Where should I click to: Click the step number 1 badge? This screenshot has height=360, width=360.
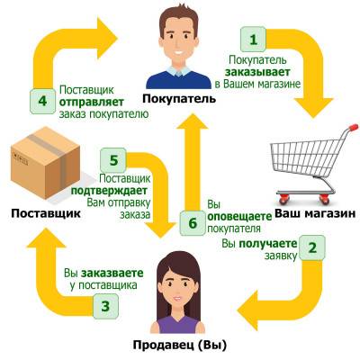click(x=254, y=40)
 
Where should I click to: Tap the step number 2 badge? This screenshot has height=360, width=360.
click(x=312, y=248)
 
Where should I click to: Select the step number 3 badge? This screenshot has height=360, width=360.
click(x=105, y=306)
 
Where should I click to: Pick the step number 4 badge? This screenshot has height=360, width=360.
click(x=42, y=101)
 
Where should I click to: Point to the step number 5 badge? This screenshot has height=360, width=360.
click(x=113, y=160)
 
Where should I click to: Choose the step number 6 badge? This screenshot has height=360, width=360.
click(x=193, y=223)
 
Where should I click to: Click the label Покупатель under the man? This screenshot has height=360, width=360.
click(x=179, y=99)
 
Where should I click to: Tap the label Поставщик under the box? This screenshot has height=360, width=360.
click(x=46, y=214)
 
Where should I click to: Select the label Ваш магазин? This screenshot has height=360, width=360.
click(x=315, y=213)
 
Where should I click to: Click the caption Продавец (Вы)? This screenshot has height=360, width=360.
click(x=180, y=345)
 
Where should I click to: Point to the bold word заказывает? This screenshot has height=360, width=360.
click(x=257, y=72)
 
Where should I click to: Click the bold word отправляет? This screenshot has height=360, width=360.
click(x=92, y=103)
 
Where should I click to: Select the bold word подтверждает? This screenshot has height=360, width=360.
click(x=109, y=191)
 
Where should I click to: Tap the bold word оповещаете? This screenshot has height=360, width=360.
click(x=239, y=217)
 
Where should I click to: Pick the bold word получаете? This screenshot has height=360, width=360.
click(x=268, y=244)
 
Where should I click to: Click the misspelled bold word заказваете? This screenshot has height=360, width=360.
click(x=112, y=274)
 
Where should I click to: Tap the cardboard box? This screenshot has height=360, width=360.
click(x=45, y=163)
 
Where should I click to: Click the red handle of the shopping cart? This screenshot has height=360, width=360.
click(x=354, y=128)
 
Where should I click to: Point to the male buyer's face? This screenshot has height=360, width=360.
click(x=179, y=42)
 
